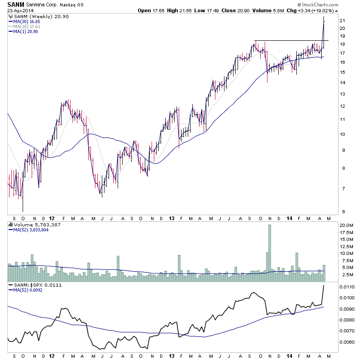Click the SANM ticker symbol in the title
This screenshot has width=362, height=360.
15,4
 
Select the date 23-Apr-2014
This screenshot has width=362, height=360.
20,11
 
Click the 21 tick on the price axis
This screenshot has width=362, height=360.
343,21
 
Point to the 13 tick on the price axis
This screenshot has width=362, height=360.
343,94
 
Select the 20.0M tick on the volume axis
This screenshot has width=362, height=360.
347,225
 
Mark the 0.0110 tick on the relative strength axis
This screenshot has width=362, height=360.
347,287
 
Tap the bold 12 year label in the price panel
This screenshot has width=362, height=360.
52,217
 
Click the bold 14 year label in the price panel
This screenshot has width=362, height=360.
289,217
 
